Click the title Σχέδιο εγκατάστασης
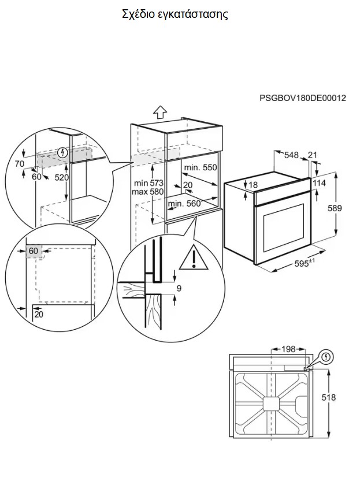pyautogui.click(x=175, y=14)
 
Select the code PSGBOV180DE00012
pyautogui.click(x=302, y=98)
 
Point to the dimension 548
pyautogui.click(x=291, y=155)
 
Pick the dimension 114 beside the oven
pyautogui.click(x=319, y=183)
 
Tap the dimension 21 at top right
pyautogui.click(x=313, y=155)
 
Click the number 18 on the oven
pyautogui.click(x=252, y=185)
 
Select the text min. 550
pyautogui.click(x=199, y=167)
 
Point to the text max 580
pyautogui.click(x=148, y=191)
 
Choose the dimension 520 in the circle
pyautogui.click(x=62, y=178)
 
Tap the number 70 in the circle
pyautogui.click(x=20, y=164)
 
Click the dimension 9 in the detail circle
pyautogui.click(x=179, y=288)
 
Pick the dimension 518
pyautogui.click(x=329, y=398)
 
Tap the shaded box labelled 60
pyautogui.click(x=34, y=251)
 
